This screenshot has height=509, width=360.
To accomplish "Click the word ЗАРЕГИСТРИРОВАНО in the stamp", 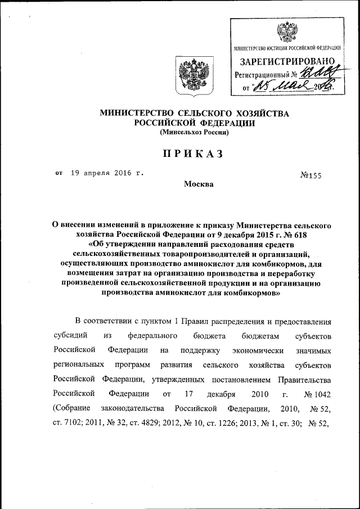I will tap(288, 61).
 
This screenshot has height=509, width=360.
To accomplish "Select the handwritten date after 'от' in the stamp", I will tap(292, 86).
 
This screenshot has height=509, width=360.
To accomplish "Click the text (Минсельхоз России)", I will tap(194, 133).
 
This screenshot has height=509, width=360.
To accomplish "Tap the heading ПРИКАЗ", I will tap(194, 154).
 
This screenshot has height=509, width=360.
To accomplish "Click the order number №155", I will tap(310, 175).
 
